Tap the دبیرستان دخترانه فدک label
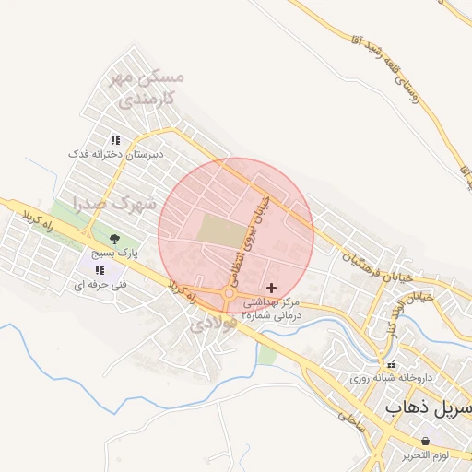116,154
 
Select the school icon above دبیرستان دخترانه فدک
116,140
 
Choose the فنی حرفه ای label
99,287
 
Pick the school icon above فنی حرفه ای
99,271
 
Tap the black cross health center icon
271,289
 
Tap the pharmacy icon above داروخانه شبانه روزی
391,364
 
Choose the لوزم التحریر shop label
425,456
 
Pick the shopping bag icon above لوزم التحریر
424,442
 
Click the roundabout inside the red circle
229,295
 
